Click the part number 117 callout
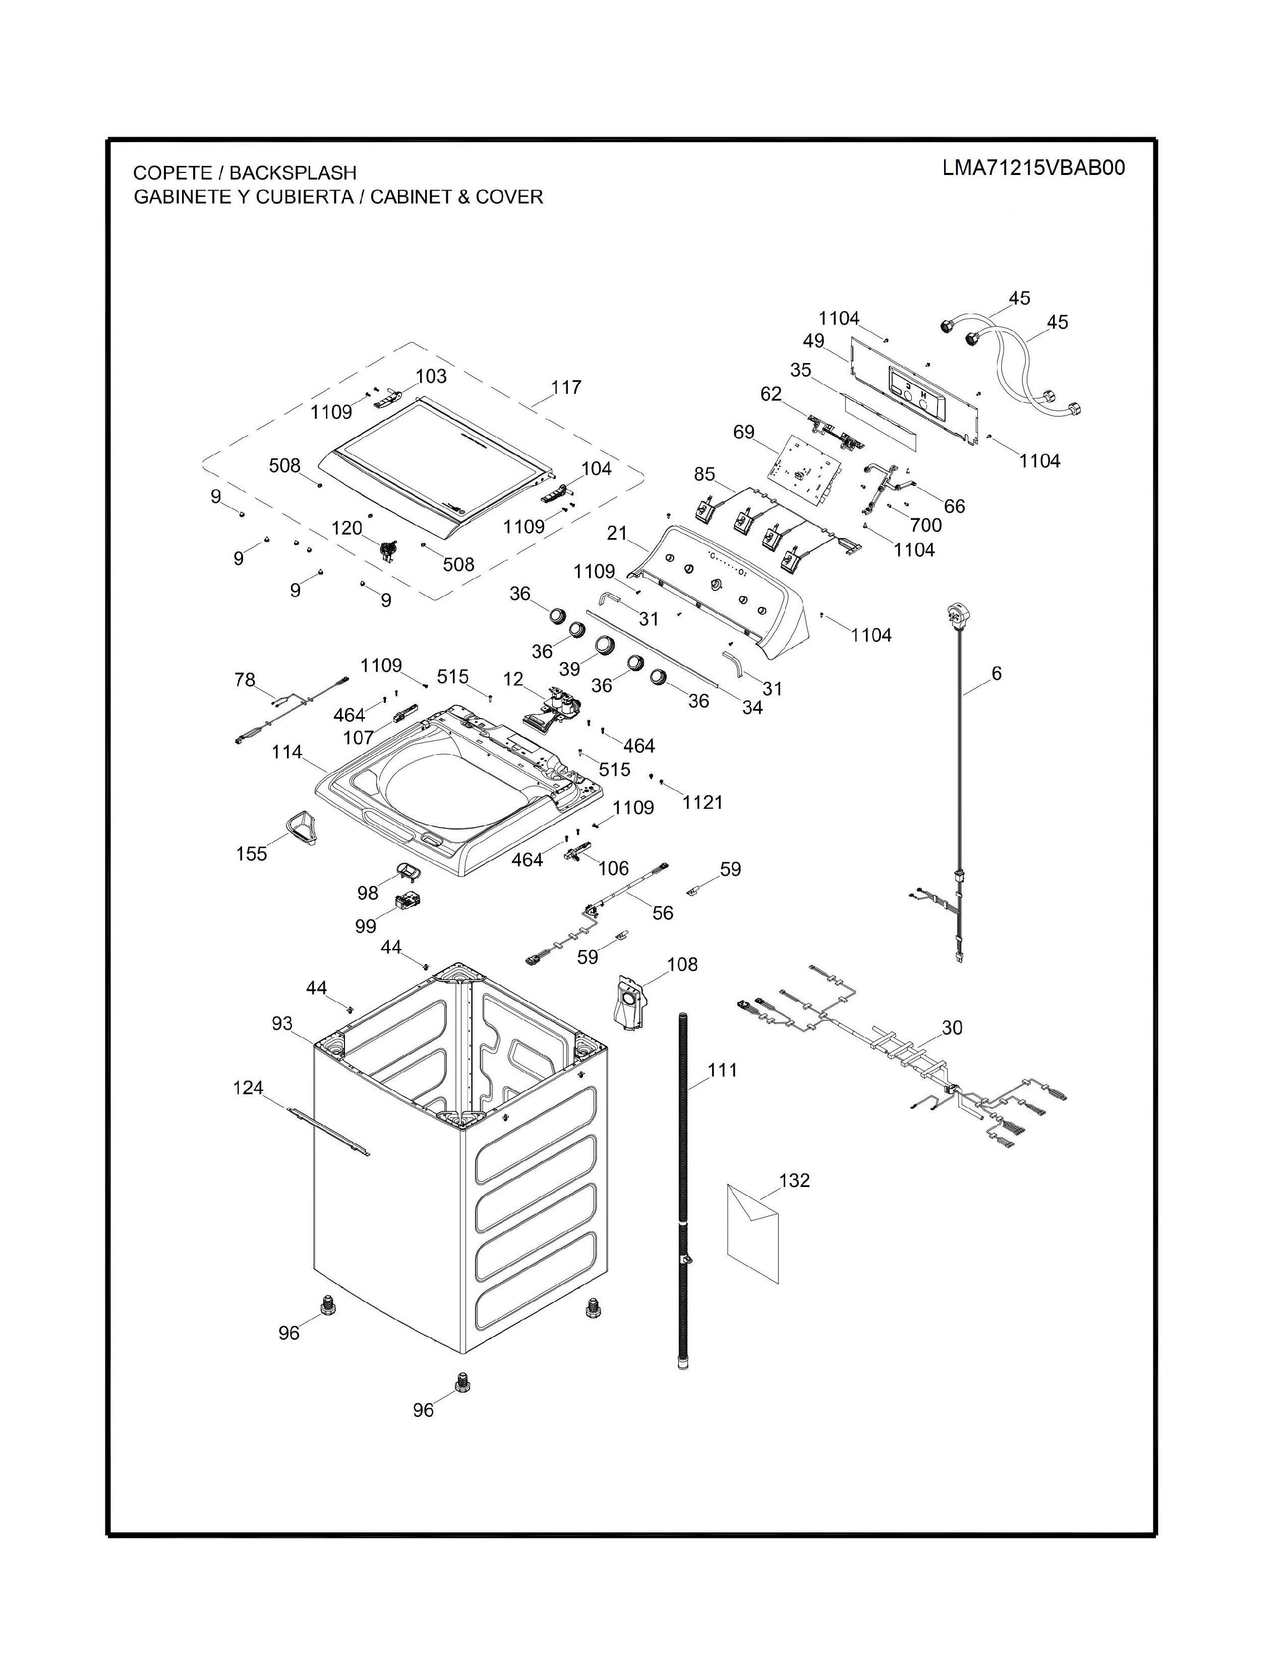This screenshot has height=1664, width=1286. [x=566, y=387]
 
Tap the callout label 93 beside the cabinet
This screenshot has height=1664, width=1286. [x=282, y=1023]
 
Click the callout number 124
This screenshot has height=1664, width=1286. [x=248, y=1088]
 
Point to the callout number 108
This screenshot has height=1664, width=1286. [x=682, y=965]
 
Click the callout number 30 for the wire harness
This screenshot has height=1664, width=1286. [x=952, y=1028]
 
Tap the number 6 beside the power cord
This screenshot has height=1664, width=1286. [x=997, y=674]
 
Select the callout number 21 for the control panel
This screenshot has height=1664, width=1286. [x=617, y=533]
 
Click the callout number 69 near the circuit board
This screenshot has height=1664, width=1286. [x=743, y=432]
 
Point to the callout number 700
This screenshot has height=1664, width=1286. [x=925, y=525]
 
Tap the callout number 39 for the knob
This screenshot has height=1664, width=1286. [x=569, y=669]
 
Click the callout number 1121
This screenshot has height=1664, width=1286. [x=703, y=802]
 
